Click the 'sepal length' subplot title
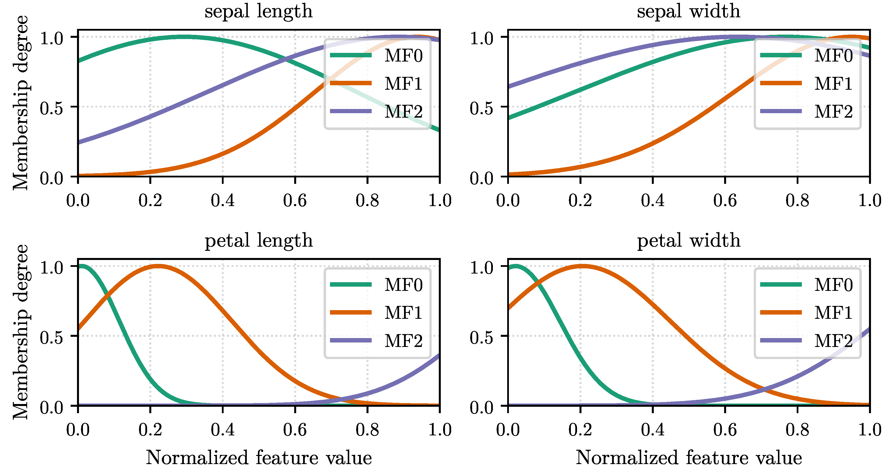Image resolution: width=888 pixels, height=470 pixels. pos(259,12)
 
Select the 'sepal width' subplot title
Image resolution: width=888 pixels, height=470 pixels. pos(688,11)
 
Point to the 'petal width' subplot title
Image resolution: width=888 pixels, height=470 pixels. pos(688,240)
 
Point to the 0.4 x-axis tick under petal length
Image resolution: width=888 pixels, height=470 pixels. pos(223,430)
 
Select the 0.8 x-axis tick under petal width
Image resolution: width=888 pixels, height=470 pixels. pos(797,430)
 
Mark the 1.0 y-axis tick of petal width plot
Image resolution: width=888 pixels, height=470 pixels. pos(482,267)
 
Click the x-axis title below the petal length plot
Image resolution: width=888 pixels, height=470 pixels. pos(259,458)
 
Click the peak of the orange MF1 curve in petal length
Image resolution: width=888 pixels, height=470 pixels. pos(157,266)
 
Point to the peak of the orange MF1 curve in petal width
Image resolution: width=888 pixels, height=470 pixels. pos(581,266)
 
